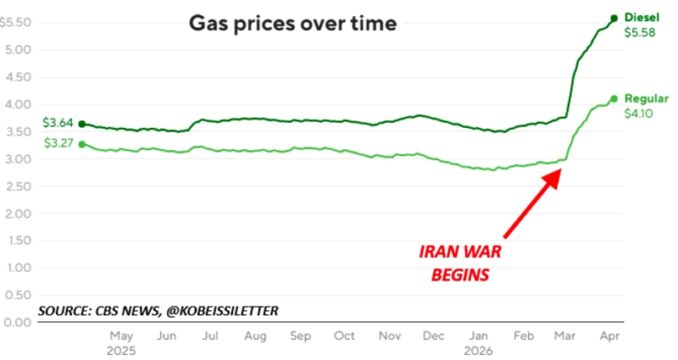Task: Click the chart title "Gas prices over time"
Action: coord(292,24)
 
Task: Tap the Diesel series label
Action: coord(641,17)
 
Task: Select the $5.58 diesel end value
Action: coord(640,33)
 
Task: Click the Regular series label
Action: coord(646,98)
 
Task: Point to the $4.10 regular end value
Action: coord(640,114)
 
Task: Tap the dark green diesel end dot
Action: coord(614,18)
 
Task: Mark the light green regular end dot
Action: coord(614,99)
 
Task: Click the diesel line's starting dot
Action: coord(81,124)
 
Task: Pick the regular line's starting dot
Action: coord(81,144)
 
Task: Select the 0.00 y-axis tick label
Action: coord(18,323)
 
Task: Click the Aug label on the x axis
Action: coord(256,336)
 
